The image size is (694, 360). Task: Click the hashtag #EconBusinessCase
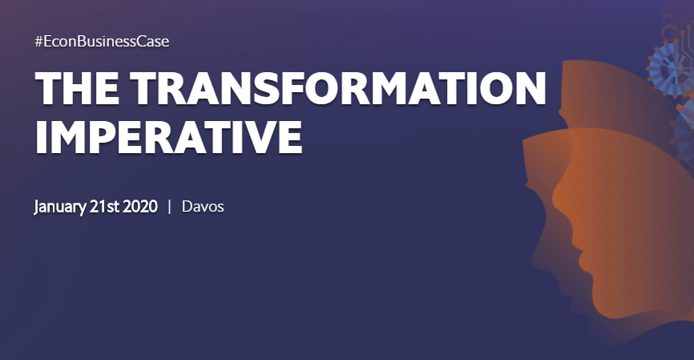(102, 42)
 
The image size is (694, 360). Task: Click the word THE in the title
(77, 87)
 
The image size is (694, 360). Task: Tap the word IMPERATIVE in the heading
(168, 136)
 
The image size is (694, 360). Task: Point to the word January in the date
(60, 207)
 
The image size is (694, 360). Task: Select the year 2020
(140, 206)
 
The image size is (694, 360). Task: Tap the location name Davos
(203, 206)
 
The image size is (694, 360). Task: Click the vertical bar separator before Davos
(170, 207)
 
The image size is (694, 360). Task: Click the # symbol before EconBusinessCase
(39, 42)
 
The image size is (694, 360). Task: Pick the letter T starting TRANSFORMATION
(143, 87)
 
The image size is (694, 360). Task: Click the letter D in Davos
(188, 206)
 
